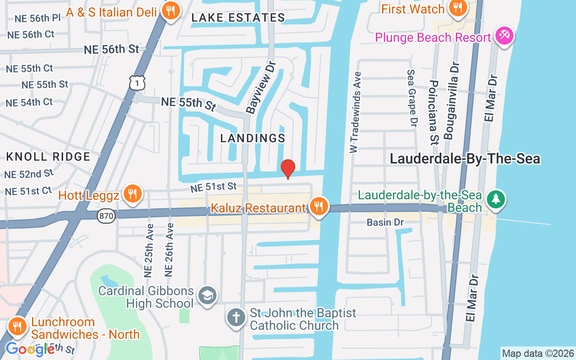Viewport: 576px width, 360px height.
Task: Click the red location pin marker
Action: click(x=288, y=169)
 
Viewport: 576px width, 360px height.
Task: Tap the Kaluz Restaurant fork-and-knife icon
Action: click(x=319, y=207)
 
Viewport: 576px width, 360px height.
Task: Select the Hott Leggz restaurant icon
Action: click(x=132, y=194)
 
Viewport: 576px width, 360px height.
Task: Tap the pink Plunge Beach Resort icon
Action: click(x=504, y=36)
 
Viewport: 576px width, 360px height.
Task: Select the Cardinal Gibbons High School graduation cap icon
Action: click(x=207, y=296)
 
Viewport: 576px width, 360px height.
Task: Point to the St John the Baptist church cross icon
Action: click(x=236, y=318)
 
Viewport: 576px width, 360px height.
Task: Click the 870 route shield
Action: click(x=106, y=216)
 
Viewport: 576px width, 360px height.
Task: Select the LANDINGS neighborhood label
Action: click(x=253, y=138)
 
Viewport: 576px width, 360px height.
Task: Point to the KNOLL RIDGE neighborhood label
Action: click(x=48, y=157)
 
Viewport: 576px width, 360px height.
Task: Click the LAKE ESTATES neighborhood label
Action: click(x=238, y=18)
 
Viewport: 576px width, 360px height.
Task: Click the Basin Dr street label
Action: click(x=385, y=222)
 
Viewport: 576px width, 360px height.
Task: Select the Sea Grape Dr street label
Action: click(x=412, y=97)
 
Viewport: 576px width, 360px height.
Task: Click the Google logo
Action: click(x=30, y=349)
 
